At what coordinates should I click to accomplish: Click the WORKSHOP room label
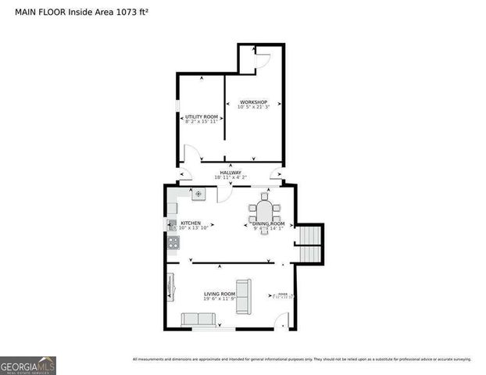point(253,102)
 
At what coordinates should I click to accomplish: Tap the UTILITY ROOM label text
point(202,116)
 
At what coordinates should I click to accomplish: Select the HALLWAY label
point(230,173)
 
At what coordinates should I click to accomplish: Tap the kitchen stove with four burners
point(173,243)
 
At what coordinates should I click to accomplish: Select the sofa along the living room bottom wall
point(198,319)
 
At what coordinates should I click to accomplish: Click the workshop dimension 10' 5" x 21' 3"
point(253,108)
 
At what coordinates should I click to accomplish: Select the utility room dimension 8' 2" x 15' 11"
point(202,122)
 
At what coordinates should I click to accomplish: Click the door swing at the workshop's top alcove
point(262,58)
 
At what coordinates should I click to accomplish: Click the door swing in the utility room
point(191,153)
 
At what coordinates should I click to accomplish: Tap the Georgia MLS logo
point(28,365)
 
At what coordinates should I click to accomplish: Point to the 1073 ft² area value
point(110,12)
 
